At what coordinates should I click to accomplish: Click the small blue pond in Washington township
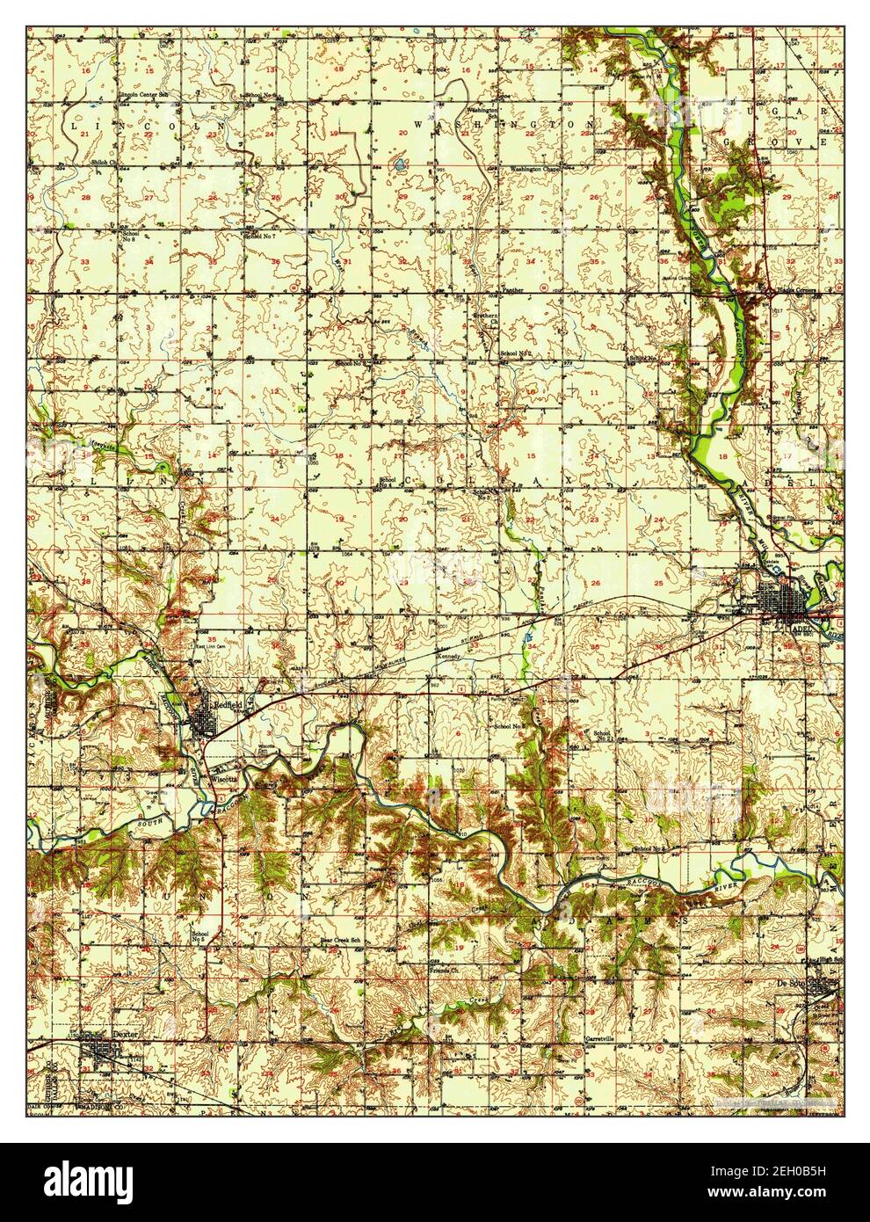click(400, 164)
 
